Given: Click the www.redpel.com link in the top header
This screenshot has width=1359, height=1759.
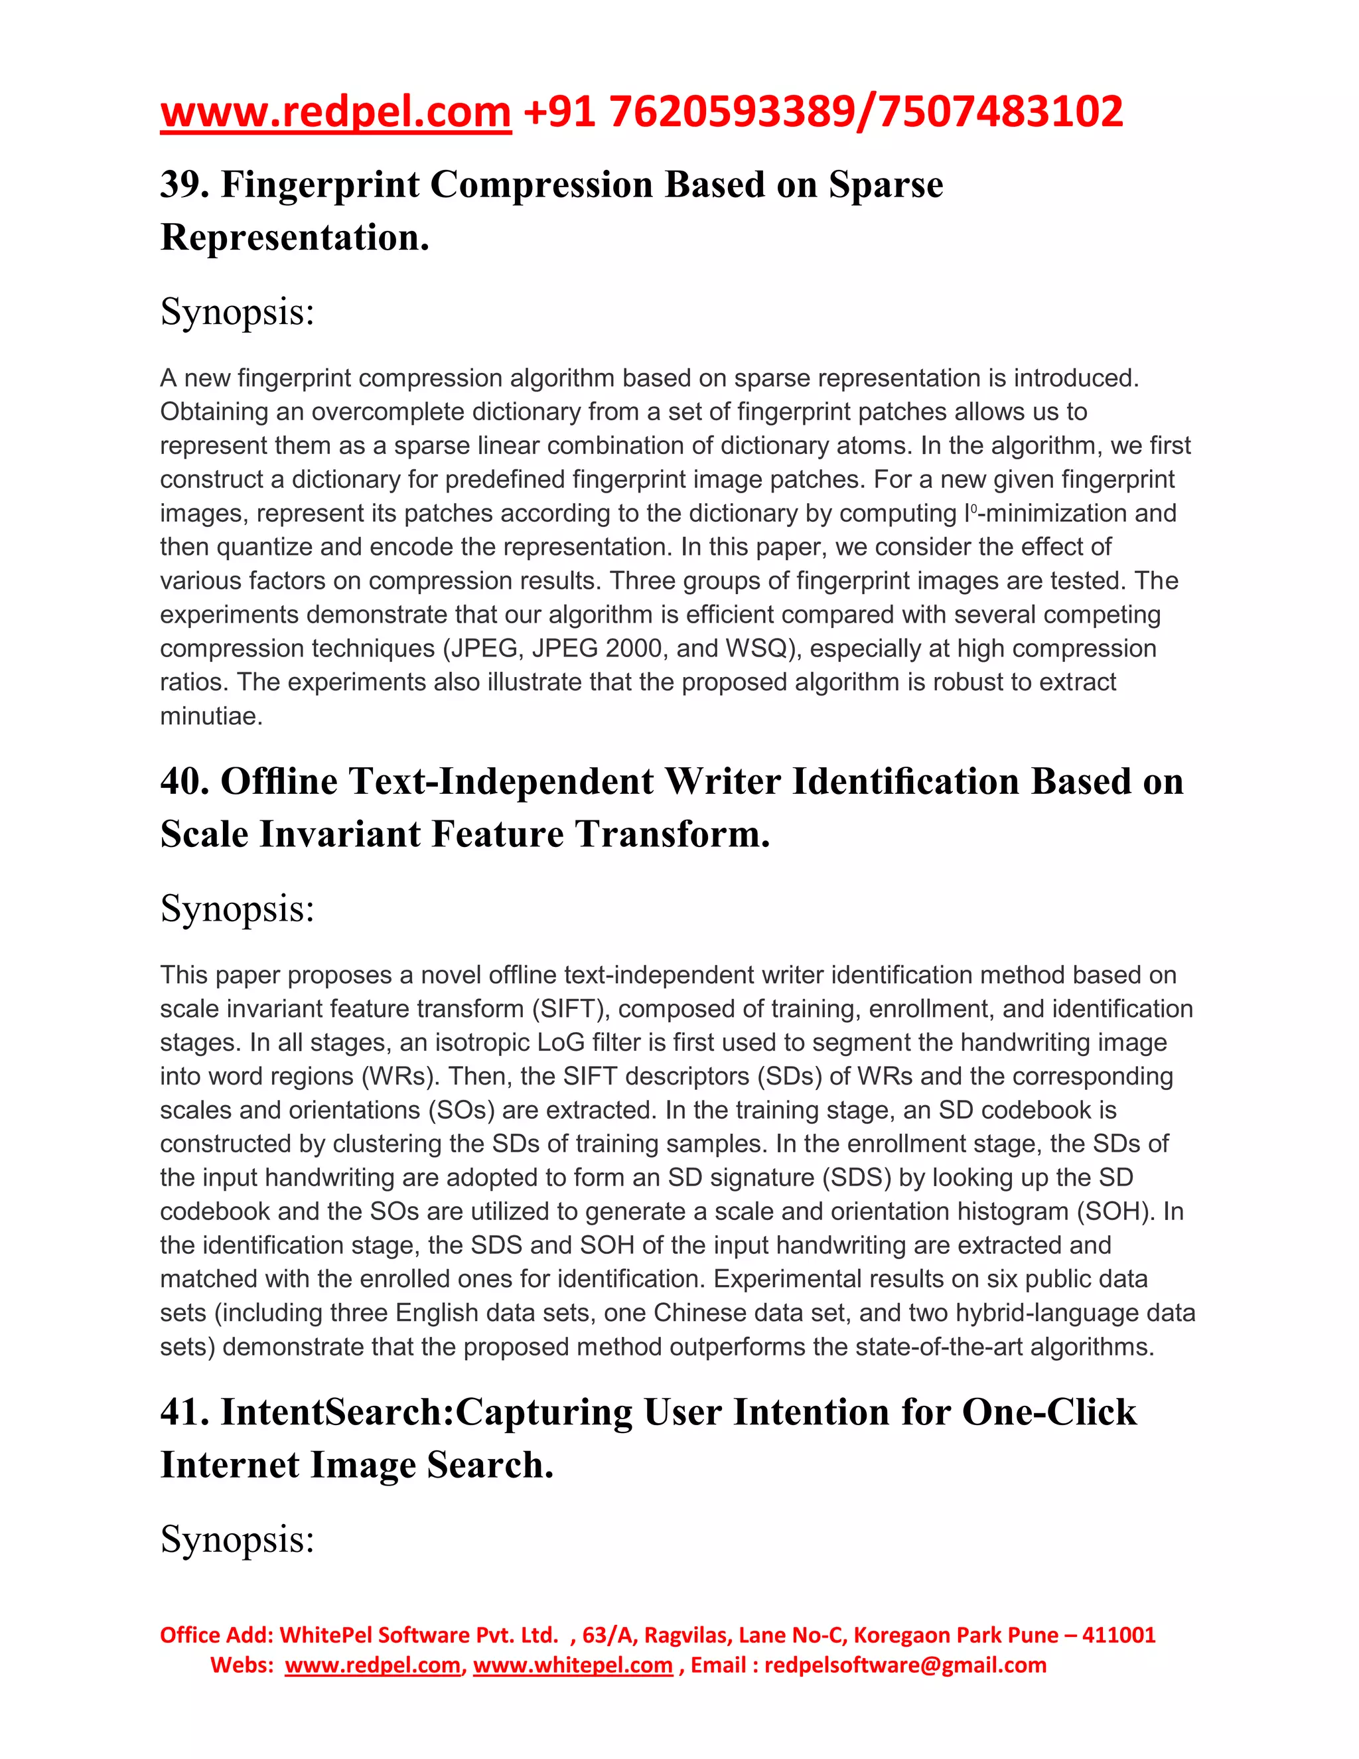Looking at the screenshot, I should click(336, 112).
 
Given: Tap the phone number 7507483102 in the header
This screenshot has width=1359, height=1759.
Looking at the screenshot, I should click(1001, 112).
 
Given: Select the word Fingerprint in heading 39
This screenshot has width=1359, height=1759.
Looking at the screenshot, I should click(320, 185).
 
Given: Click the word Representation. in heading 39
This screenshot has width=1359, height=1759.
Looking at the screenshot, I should click(295, 238).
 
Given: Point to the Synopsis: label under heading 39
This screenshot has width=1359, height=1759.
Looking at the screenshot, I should click(238, 312).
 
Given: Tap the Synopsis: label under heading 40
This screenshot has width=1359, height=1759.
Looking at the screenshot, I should click(238, 909).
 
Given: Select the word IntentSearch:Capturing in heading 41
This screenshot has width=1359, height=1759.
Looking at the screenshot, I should click(427, 1412).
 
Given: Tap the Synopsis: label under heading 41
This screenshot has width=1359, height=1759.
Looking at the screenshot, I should click(238, 1539).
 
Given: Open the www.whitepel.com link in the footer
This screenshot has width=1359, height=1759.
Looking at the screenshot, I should click(573, 1665).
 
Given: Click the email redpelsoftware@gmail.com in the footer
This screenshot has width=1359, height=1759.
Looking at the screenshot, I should click(905, 1665).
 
